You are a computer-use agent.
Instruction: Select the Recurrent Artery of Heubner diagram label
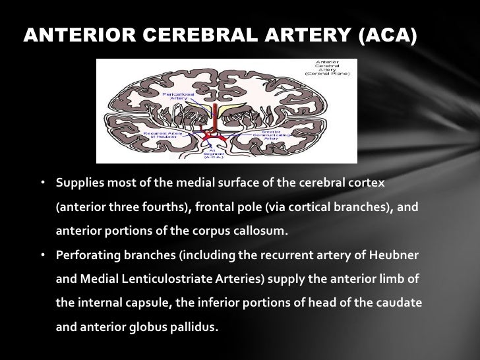coord(162,134)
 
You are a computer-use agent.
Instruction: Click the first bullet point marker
coord(42,181)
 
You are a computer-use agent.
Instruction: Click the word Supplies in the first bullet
coord(76,181)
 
